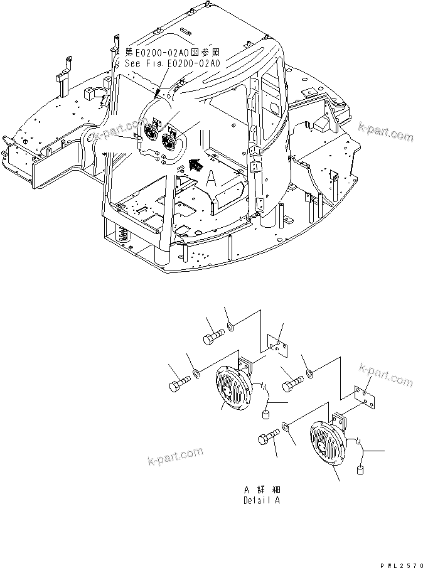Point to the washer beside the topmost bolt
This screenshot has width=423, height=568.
pos(232,327)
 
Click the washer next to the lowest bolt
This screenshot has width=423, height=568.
pos(286,427)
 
